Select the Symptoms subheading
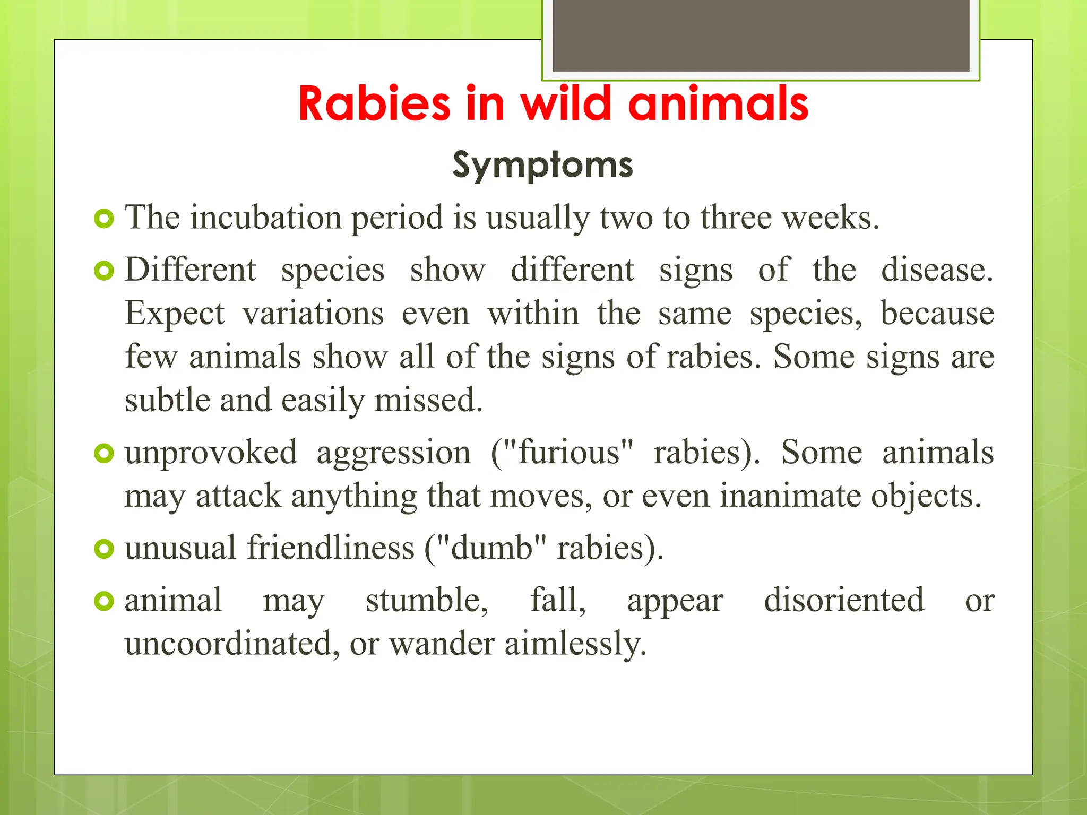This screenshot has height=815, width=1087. point(542,164)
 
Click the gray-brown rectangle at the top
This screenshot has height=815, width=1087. point(761,36)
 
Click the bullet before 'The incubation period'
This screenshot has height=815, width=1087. point(104,219)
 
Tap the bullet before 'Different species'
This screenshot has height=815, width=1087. point(104,271)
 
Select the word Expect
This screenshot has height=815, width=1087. point(175,314)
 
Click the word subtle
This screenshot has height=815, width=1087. point(167,400)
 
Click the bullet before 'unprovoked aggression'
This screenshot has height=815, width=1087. point(104,453)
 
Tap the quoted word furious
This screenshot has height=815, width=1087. point(568,453)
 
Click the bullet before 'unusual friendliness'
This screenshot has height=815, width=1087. point(104,549)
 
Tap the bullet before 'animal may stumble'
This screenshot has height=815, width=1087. point(104,601)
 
